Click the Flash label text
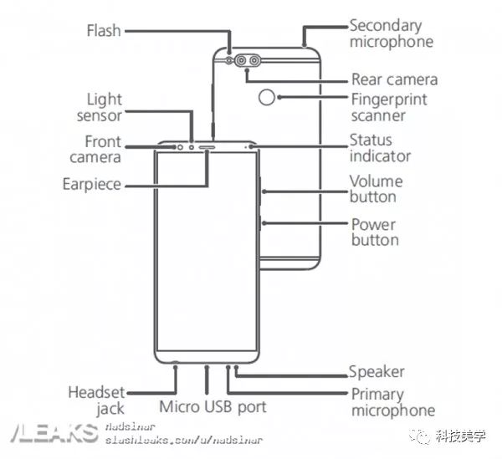(x=104, y=31)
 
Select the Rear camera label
(x=394, y=80)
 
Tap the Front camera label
(x=102, y=149)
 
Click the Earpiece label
(x=92, y=184)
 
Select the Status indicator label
(x=380, y=148)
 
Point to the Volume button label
(x=376, y=189)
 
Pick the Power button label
(x=374, y=232)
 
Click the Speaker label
(x=376, y=371)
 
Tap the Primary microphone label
(x=392, y=402)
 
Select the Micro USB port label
(x=213, y=407)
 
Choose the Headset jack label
(x=97, y=400)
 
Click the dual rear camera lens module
(x=246, y=61)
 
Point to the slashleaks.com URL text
(x=184, y=439)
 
